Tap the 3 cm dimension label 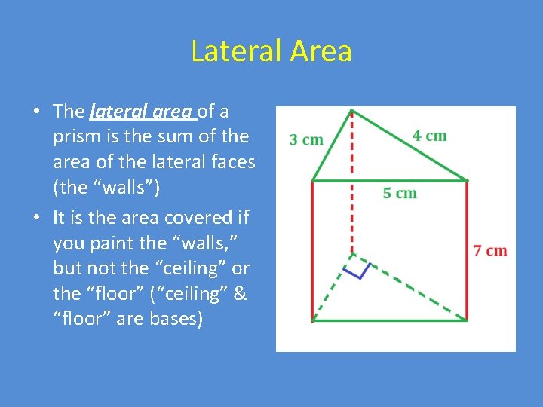click(306, 139)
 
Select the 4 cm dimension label click(429, 136)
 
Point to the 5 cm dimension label click(400, 193)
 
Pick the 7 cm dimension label click(490, 250)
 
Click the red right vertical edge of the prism click(467, 249)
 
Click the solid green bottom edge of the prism click(389, 321)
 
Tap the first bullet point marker click(36, 112)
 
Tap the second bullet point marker click(36, 218)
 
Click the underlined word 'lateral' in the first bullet click(113, 112)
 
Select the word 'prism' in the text click(75, 136)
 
